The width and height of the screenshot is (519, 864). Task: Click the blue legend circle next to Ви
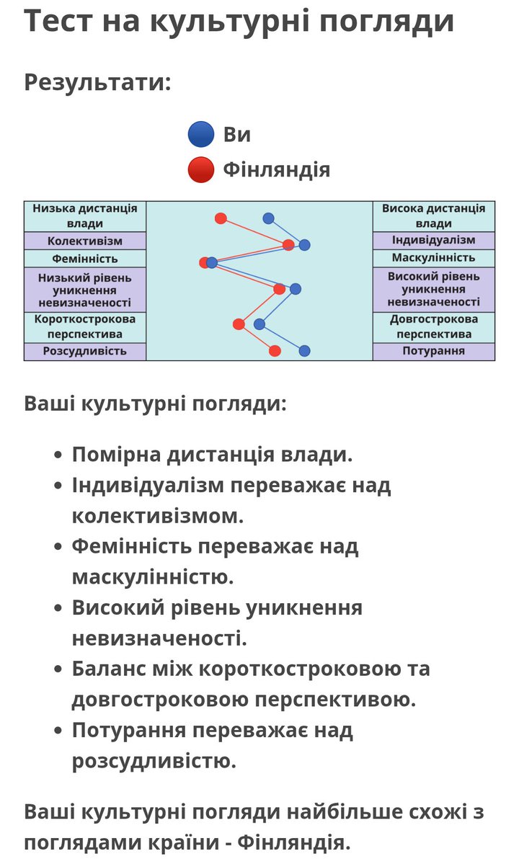pyautogui.click(x=201, y=135)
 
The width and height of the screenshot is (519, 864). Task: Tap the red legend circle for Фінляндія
pyautogui.click(x=201, y=170)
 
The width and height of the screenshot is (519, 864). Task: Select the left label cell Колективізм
pyautogui.click(x=85, y=241)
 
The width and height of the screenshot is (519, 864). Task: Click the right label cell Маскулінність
pyautogui.click(x=433, y=258)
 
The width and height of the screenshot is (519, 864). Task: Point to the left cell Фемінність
pyautogui.click(x=85, y=258)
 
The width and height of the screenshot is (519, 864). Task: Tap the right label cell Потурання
pyautogui.click(x=433, y=351)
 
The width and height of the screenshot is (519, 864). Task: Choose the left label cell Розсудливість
pyautogui.click(x=85, y=351)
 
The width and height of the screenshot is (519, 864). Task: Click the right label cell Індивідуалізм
pyautogui.click(x=433, y=240)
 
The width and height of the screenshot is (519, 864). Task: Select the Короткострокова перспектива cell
pyautogui.click(x=85, y=326)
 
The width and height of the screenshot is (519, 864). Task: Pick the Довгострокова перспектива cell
pyautogui.click(x=433, y=326)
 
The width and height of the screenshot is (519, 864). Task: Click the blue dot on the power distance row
pyautogui.click(x=269, y=218)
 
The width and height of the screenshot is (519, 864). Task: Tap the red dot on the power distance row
pyautogui.click(x=221, y=218)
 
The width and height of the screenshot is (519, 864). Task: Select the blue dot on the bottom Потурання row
pyautogui.click(x=304, y=351)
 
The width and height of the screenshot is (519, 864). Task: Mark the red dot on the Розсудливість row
pyautogui.click(x=275, y=351)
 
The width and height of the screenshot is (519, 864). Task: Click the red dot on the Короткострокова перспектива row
pyautogui.click(x=239, y=324)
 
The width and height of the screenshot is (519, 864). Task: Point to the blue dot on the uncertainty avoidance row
pyautogui.click(x=296, y=289)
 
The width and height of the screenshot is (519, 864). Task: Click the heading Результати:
pyautogui.click(x=97, y=82)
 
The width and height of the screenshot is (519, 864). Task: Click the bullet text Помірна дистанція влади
pyautogui.click(x=213, y=455)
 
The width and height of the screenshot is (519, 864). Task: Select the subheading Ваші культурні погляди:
pyautogui.click(x=155, y=403)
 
